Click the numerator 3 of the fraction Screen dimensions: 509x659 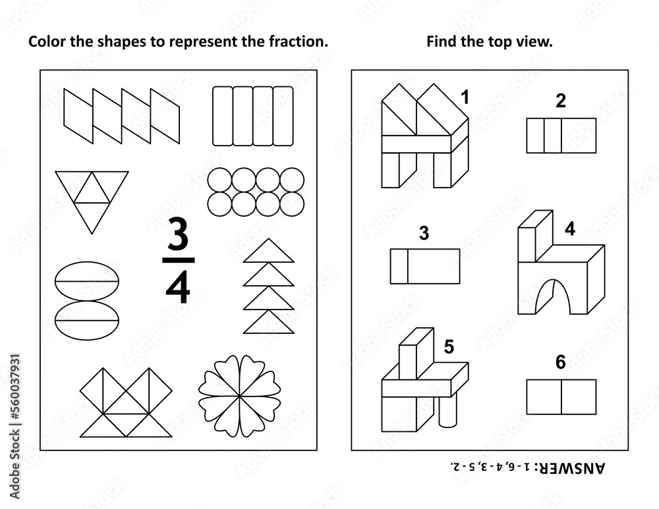click(x=177, y=234)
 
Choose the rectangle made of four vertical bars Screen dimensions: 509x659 click(x=252, y=116)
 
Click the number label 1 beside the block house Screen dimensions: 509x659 click(x=465, y=99)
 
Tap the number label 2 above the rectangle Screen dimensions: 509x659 click(x=561, y=101)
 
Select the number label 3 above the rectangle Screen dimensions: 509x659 click(x=424, y=233)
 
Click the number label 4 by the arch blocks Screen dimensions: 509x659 click(x=569, y=229)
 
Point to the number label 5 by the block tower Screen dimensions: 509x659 click(x=449, y=347)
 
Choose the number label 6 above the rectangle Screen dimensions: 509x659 click(x=561, y=363)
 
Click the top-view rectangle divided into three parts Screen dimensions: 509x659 click(x=561, y=135)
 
